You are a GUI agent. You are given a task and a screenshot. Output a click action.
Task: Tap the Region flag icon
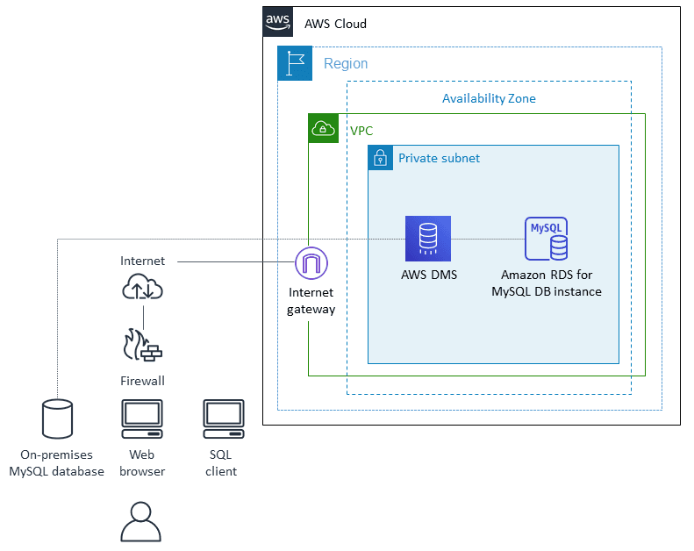294,63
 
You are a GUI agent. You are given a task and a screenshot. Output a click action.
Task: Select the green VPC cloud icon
323,129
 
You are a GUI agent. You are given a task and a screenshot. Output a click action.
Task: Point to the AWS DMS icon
427,239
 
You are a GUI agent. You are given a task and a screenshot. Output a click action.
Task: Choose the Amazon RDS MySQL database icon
546,239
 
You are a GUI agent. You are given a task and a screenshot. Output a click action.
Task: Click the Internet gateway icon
311,262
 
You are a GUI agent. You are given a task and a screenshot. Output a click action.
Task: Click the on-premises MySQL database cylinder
58,419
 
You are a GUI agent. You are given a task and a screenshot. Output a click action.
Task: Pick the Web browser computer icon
142,419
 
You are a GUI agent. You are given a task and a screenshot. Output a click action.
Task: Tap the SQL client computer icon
223,419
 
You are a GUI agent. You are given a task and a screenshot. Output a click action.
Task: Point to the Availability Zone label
489,98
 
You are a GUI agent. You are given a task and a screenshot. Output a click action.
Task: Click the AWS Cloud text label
335,24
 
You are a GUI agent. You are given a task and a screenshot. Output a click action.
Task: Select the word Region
346,64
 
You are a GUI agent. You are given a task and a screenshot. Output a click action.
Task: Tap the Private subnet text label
439,159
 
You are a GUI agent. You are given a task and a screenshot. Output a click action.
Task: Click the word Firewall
142,381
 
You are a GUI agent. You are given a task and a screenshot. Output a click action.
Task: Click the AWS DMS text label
428,275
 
